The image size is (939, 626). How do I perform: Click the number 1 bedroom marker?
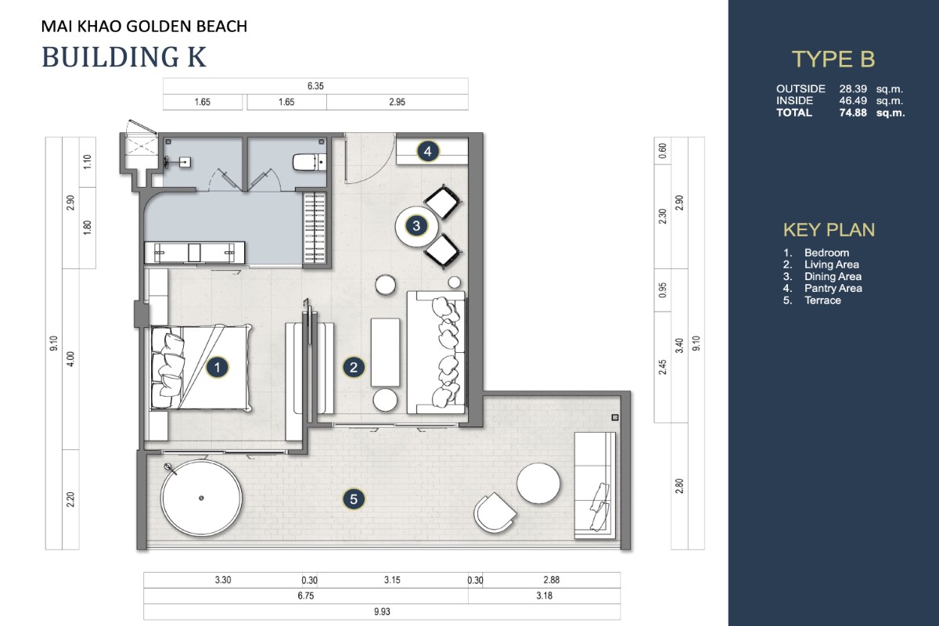tap(218, 367)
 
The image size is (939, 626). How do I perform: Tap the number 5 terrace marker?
tap(354, 499)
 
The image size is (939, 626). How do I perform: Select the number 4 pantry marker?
tap(427, 151)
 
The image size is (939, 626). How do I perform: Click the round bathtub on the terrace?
tap(201, 498)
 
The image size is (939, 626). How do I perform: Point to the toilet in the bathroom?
tap(309, 162)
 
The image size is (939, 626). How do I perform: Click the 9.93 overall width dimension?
tap(382, 612)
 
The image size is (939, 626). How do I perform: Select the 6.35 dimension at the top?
tap(315, 86)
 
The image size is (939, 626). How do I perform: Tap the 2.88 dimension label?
tap(551, 580)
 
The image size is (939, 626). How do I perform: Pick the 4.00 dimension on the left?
tap(71, 359)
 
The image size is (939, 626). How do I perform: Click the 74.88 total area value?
tap(853, 113)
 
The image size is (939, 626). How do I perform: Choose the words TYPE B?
tap(833, 59)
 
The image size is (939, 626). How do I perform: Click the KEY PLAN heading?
tap(829, 230)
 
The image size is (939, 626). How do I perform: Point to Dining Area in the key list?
tap(833, 277)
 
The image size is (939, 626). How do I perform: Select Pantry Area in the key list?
tap(833, 289)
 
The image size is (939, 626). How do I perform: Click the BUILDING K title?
tap(124, 57)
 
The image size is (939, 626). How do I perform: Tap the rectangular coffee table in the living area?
tap(385, 352)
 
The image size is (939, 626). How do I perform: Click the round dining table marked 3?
tap(416, 226)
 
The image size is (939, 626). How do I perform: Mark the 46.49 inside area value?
tap(853, 101)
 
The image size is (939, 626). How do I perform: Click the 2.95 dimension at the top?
tap(397, 102)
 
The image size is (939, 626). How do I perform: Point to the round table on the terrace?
tap(538, 483)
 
